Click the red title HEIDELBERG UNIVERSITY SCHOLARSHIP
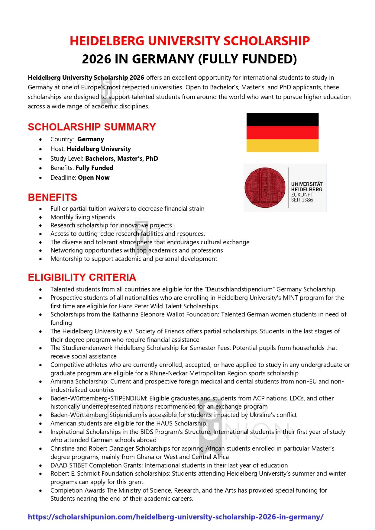(x=189, y=41)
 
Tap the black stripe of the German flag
(x=282, y=120)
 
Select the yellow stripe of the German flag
(x=282, y=146)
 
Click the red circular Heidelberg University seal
(x=265, y=188)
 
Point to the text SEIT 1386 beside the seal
(x=302, y=200)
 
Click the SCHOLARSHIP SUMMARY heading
(x=92, y=127)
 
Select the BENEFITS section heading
(x=53, y=197)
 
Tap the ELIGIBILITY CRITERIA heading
(x=82, y=277)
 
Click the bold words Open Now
(x=94, y=178)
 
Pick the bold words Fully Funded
(x=94, y=168)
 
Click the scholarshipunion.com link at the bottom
(x=176, y=517)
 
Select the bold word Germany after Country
(x=90, y=139)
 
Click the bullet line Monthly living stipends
(x=83, y=217)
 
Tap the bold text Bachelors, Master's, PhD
(x=121, y=159)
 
